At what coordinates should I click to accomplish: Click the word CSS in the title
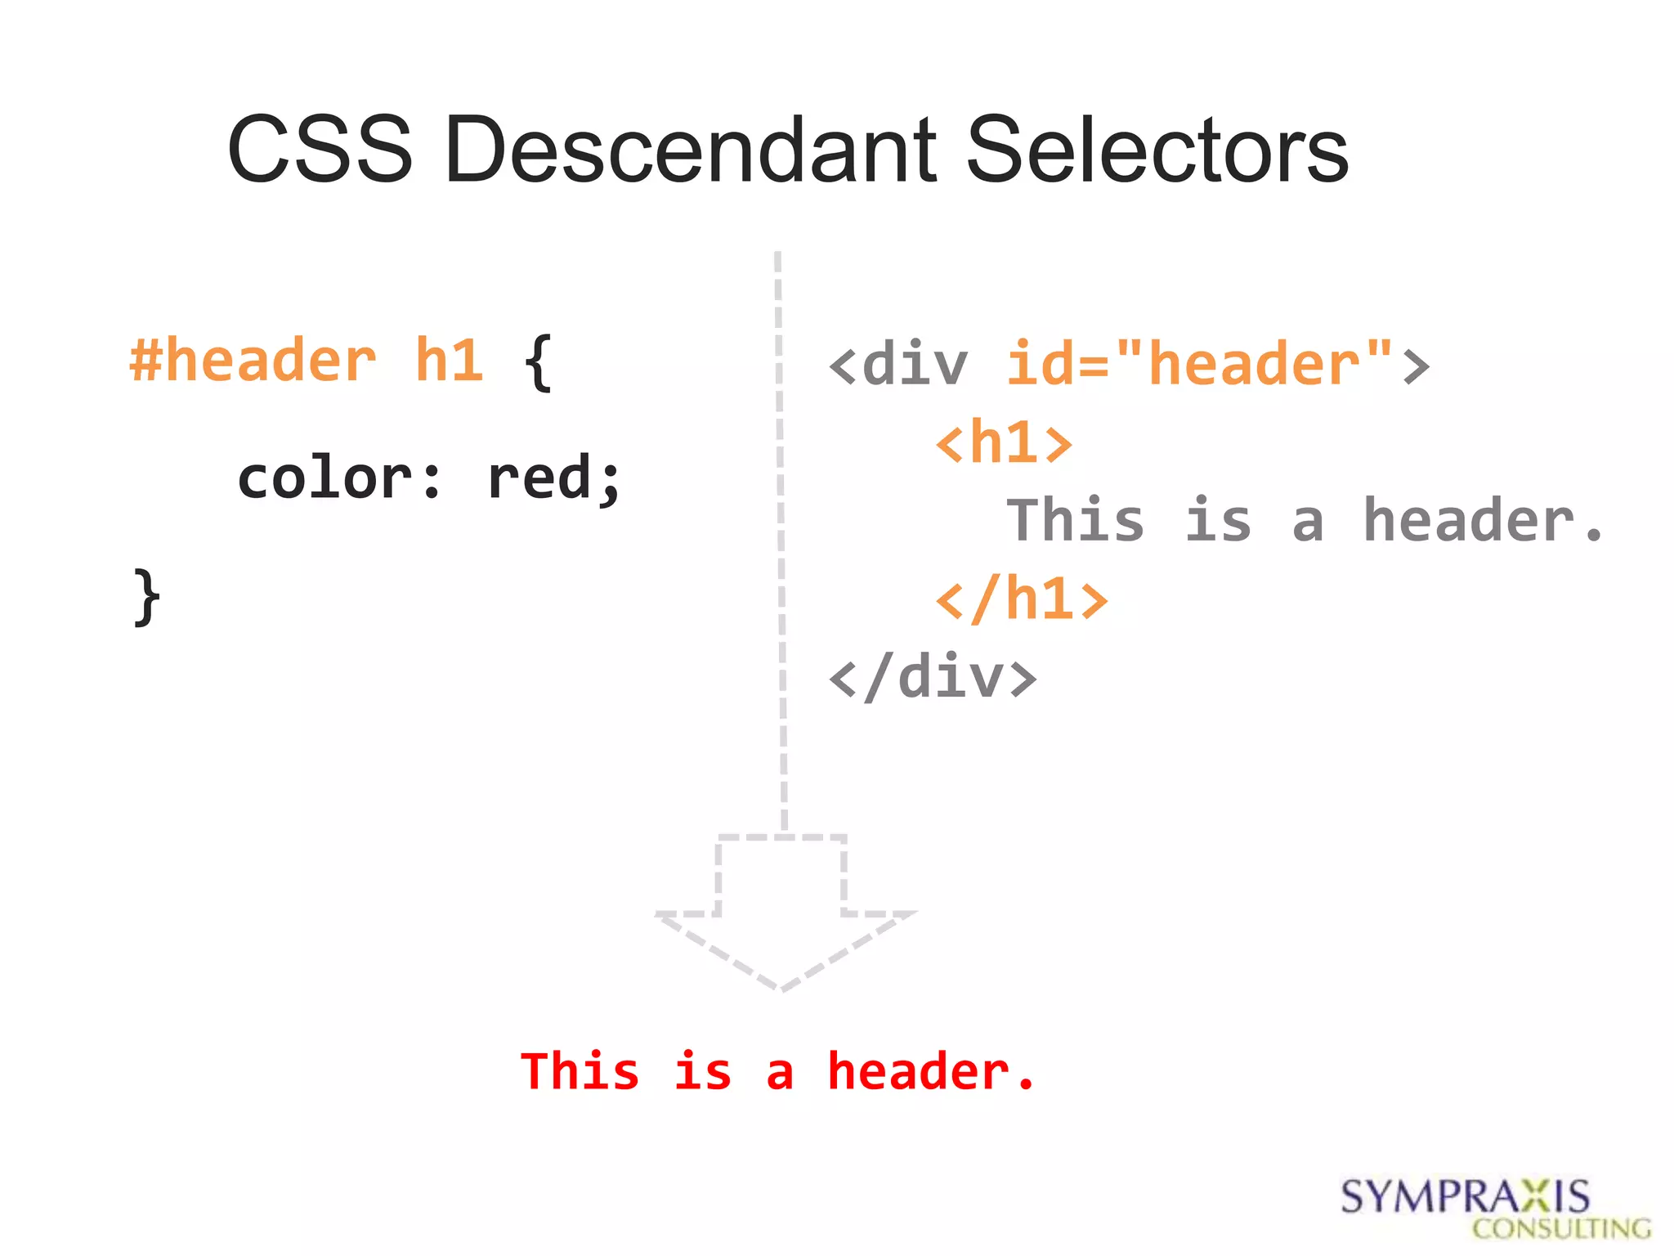coord(320,150)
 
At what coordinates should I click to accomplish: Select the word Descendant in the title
coord(691,150)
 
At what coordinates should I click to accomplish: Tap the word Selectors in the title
coord(1157,150)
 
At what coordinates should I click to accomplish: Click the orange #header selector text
coord(253,361)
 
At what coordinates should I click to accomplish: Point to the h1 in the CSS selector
coord(449,361)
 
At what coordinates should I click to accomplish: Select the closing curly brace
coord(146,598)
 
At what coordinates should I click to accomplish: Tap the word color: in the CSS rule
coord(339,478)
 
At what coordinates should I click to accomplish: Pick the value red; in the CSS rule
coord(553,478)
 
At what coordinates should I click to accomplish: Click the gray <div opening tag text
coord(898,365)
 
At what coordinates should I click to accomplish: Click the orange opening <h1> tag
coord(1004,442)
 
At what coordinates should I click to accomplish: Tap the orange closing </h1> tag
coord(1022,599)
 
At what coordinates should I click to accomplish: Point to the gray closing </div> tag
coord(933,678)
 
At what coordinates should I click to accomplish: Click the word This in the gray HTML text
coord(1075,521)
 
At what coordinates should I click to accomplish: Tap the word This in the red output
coord(580,1072)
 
